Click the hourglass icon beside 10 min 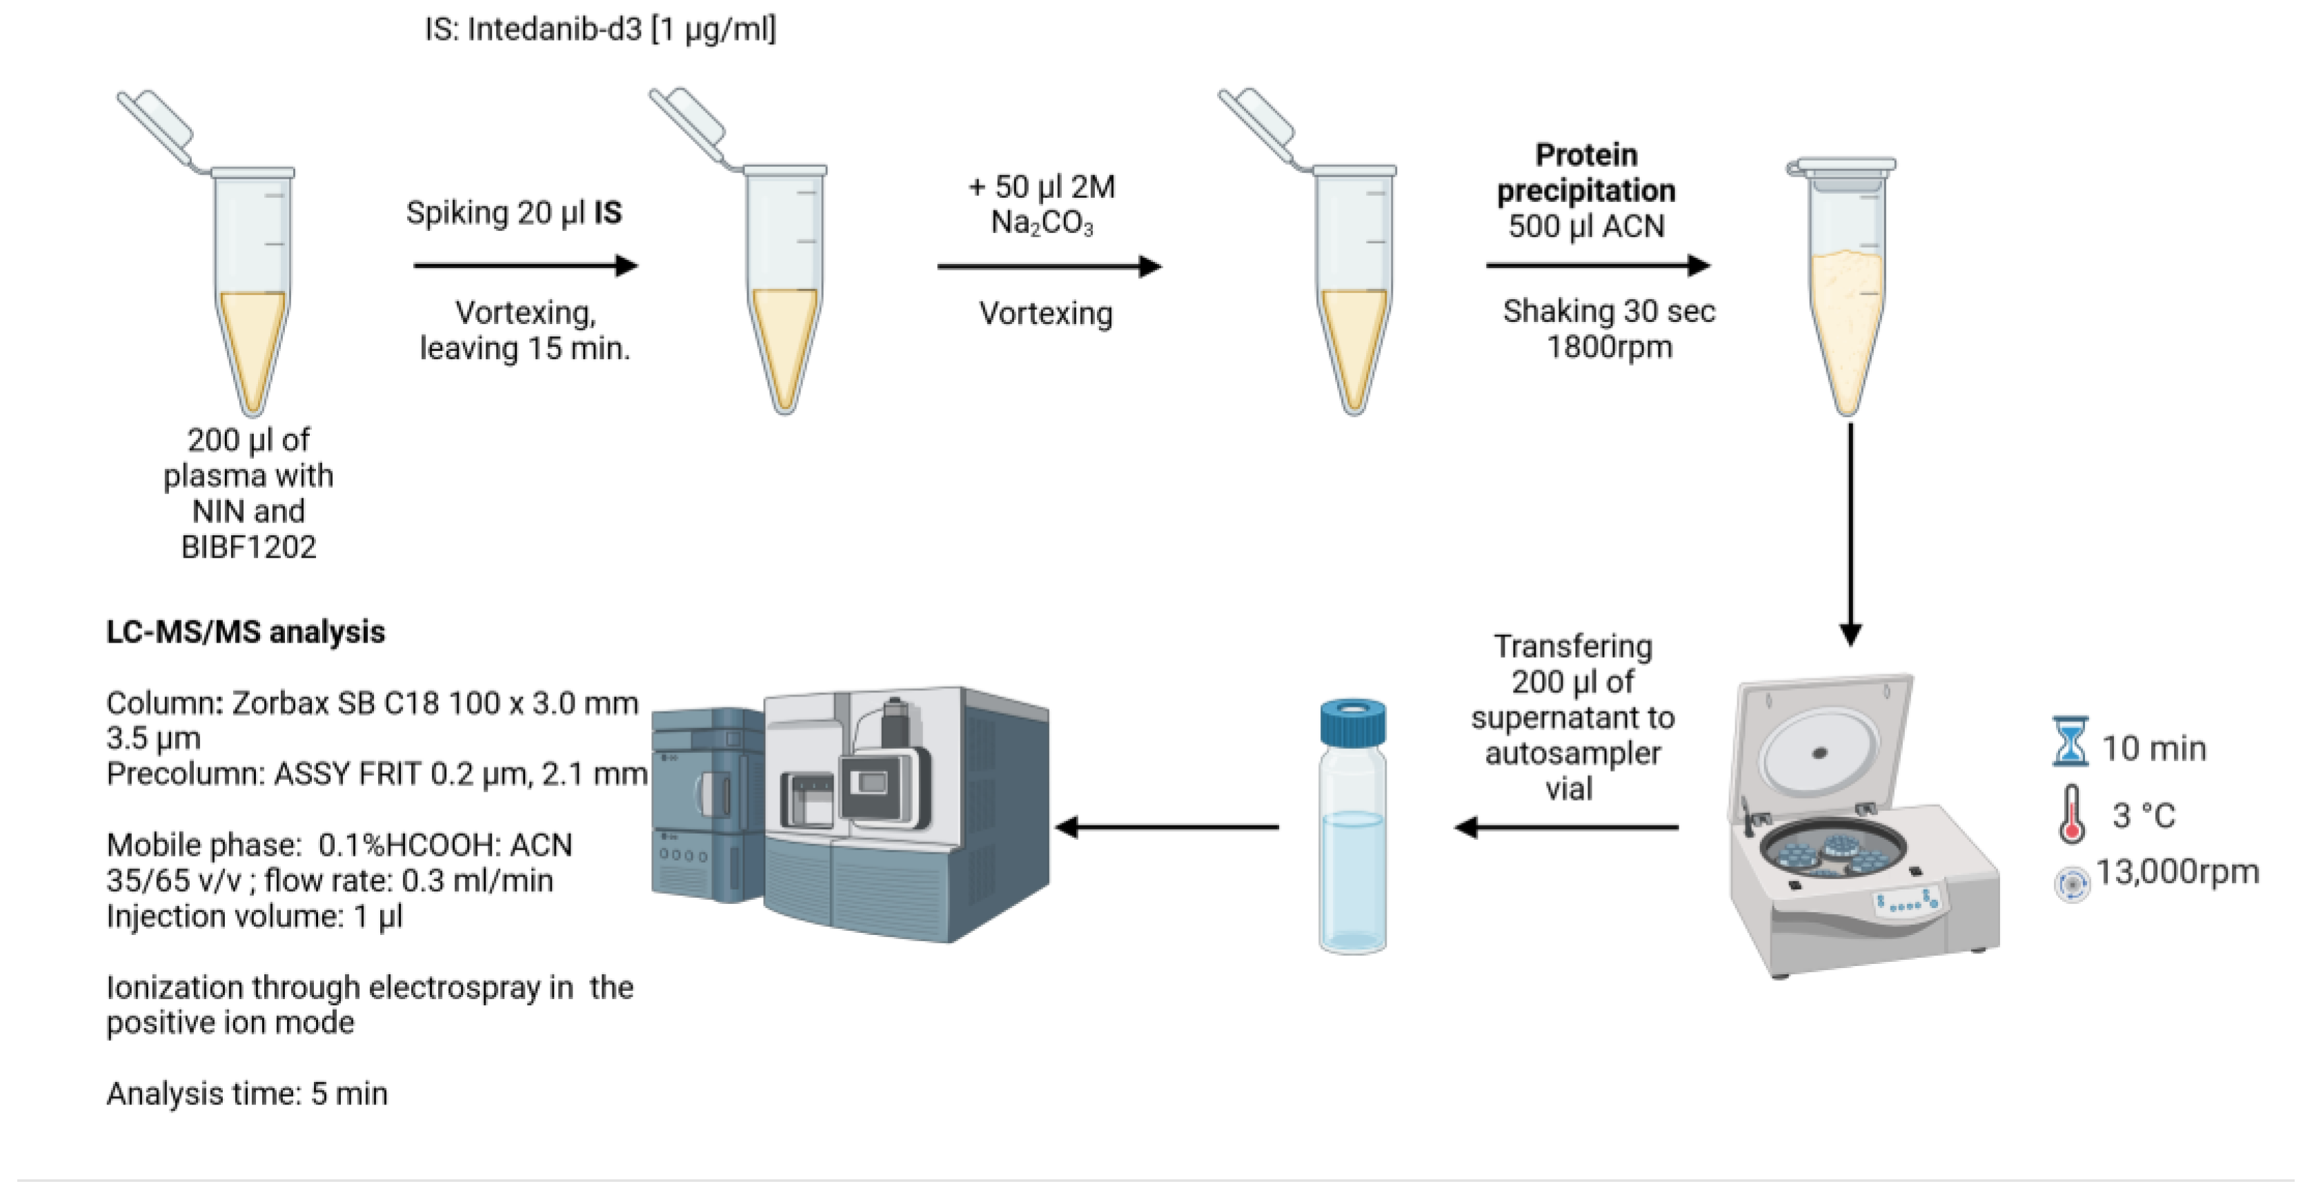pos(2070,741)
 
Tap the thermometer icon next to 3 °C pos(2071,814)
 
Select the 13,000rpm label pos(2177,872)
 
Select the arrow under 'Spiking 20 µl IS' pos(526,265)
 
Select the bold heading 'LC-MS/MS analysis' pos(245,632)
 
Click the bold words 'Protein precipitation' pos(1585,172)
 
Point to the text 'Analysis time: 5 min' pos(247,1094)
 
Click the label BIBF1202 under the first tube pos(249,547)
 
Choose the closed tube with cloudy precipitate pos(1846,288)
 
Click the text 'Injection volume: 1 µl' pos(254,916)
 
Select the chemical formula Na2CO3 pos(1042,223)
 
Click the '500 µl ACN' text pos(1585,225)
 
